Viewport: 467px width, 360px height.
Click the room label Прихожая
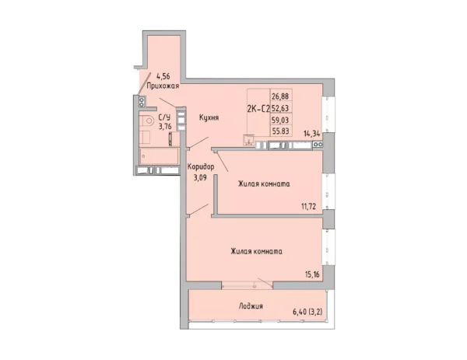[163, 86]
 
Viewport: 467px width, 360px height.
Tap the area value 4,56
[163, 76]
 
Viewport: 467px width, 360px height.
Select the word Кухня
[209, 118]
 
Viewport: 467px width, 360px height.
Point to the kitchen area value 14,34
[312, 134]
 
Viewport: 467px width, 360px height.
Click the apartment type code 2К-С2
[258, 109]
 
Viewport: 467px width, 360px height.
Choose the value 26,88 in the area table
[280, 96]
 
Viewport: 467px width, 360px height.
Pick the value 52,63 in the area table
[280, 108]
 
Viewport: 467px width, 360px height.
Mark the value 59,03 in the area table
[280, 120]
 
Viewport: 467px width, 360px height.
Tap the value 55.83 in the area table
[280, 131]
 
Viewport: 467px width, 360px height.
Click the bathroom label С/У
[164, 117]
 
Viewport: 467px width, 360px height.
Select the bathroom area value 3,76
[165, 126]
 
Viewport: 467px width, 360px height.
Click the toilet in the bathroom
[146, 121]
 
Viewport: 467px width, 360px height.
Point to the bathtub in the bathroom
[159, 156]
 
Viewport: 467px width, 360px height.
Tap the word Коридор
[201, 167]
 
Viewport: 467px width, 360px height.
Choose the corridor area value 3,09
[200, 178]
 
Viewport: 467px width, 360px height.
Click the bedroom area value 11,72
[308, 206]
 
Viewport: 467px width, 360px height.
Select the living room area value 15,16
[312, 274]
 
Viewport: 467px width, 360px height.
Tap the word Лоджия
[251, 306]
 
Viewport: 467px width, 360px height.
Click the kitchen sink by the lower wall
[248, 140]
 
